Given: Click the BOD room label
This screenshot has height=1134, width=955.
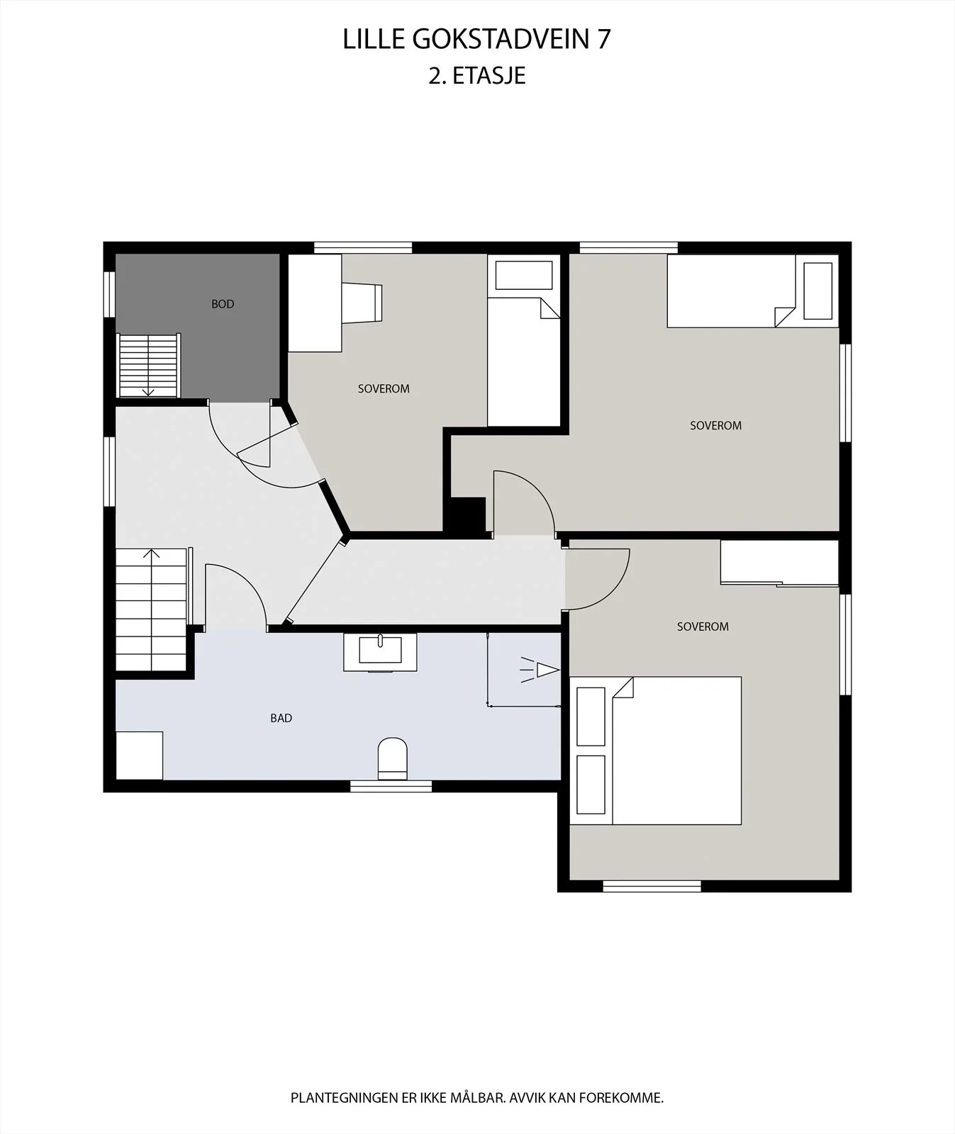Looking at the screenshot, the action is (x=223, y=304).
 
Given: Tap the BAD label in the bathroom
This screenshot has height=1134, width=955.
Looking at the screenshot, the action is (x=281, y=718).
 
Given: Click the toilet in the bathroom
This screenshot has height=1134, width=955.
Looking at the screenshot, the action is (x=393, y=758).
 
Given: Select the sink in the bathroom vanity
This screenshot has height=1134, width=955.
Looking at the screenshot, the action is (x=380, y=649).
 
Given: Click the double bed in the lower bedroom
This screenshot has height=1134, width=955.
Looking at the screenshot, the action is (x=656, y=751).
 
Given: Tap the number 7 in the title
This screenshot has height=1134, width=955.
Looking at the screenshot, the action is (x=603, y=40).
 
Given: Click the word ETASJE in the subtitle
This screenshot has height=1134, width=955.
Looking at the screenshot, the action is (x=489, y=76).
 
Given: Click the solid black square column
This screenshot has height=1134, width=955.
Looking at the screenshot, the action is (x=466, y=515).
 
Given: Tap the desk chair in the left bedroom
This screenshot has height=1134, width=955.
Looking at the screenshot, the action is (x=362, y=303).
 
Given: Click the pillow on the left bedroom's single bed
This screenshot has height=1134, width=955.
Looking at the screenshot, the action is (x=524, y=275).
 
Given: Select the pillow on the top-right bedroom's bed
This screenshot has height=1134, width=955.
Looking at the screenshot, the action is (x=818, y=291).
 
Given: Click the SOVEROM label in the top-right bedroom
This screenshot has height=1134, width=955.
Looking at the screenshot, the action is (x=716, y=425).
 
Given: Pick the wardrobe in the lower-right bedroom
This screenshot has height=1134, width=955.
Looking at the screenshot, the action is (x=780, y=563).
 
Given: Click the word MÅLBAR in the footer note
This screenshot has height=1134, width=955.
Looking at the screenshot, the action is (x=478, y=1098).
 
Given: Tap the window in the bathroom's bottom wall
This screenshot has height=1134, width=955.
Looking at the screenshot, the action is (x=391, y=786).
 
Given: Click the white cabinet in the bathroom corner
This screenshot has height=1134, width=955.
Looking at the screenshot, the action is (x=139, y=756).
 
